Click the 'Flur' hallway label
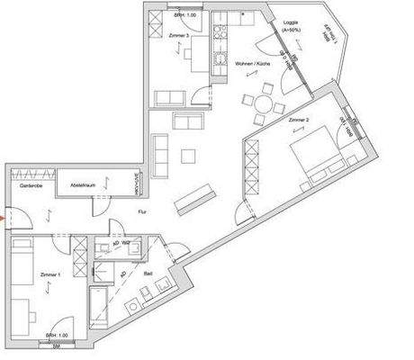tap(141, 212)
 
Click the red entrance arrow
tap(4, 216)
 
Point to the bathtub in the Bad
tap(99, 305)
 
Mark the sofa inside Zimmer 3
tap(170, 98)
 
